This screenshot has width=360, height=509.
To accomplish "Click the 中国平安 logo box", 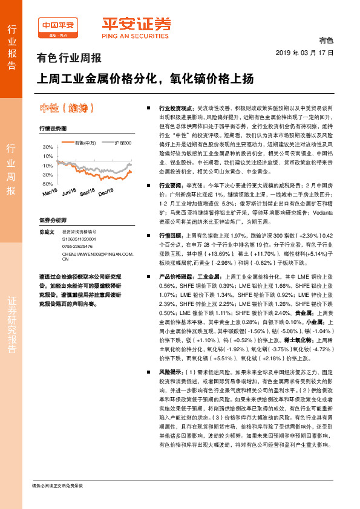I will tap(58, 25).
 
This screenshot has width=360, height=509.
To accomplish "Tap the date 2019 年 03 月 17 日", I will tap(309, 53).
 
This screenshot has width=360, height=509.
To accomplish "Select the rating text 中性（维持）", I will tap(67, 108).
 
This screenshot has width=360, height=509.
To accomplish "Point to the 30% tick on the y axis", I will tap(48, 147).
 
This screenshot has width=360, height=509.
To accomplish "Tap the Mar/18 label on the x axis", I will tap(50, 192).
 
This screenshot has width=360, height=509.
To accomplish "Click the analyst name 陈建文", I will tap(47, 232).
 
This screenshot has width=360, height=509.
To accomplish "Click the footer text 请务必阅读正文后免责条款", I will tap(58, 485).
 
